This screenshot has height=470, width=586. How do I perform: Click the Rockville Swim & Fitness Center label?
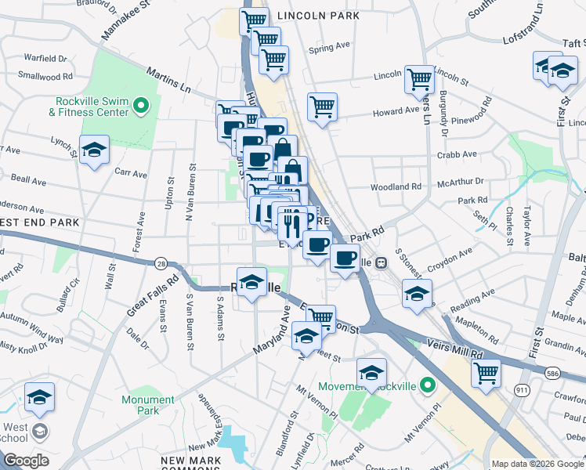pyautogui.click(x=91, y=107)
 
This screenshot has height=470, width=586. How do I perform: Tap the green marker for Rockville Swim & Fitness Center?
pyautogui.click(x=141, y=104)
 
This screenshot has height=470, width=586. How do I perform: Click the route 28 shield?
pyautogui.click(x=161, y=263)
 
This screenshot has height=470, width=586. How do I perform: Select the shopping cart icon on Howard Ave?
pyautogui.click(x=322, y=106)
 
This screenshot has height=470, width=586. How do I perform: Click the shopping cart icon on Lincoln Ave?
pyautogui.click(x=419, y=78)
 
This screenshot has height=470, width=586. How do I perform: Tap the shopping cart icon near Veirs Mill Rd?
pyautogui.click(x=486, y=371)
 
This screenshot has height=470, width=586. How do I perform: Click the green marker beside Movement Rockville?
pyautogui.click(x=427, y=385)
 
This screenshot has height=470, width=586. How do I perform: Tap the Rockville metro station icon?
pyautogui.click(x=382, y=263)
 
